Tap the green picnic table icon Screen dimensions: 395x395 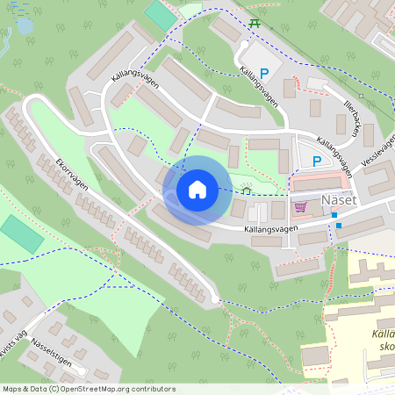(255, 22)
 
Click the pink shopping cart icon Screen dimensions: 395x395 (301, 207)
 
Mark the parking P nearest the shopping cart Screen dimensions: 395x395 (317, 161)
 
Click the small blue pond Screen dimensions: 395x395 (24, 26)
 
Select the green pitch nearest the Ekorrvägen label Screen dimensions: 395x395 (21, 233)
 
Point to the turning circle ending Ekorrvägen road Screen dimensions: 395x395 (216, 300)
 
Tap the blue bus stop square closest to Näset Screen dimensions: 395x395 (334, 213)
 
